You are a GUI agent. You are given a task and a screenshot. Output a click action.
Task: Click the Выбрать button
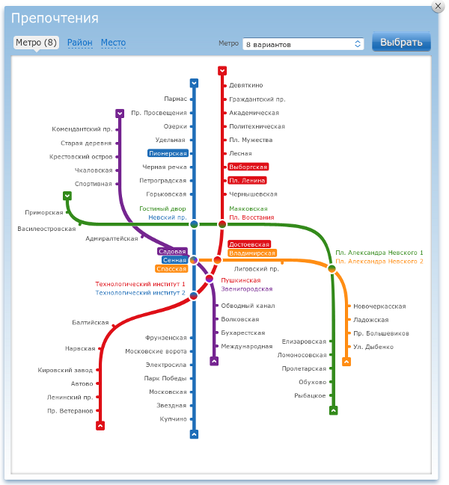coord(401,43)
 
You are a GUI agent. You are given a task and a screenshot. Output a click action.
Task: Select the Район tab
coord(80,43)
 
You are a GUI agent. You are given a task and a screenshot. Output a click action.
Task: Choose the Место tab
coord(113,43)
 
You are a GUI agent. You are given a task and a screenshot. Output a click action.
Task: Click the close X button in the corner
coord(438,5)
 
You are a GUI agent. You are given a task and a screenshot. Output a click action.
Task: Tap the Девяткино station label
coord(246,85)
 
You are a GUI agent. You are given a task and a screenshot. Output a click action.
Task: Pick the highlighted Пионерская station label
coord(168,153)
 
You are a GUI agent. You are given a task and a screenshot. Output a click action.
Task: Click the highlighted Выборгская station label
coord(248,167)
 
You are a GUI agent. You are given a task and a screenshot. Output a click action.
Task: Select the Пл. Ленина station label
coord(247,180)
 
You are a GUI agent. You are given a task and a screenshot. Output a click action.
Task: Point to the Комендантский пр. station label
coord(82,129)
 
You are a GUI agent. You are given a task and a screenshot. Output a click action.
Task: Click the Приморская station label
coord(43,212)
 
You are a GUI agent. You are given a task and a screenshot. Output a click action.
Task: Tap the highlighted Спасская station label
coord(171,269)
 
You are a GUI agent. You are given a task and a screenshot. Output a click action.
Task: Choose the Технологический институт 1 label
coord(140,285)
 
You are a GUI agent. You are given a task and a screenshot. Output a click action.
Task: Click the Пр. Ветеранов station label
coord(70,411)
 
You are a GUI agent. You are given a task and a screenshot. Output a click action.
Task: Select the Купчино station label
coord(173,419)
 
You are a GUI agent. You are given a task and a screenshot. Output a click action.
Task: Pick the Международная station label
coord(247,347)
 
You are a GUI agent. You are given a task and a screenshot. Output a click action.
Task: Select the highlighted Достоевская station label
coord(249,244)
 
